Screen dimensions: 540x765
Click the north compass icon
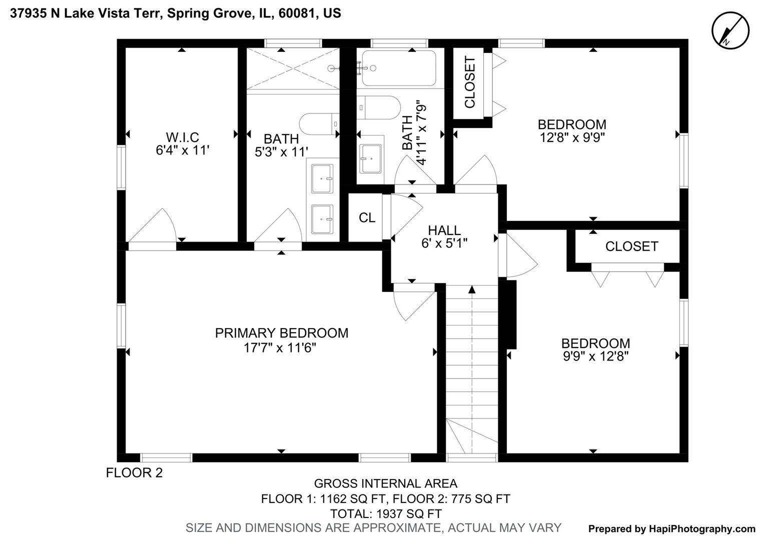730,30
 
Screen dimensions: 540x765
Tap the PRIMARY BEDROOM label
281,333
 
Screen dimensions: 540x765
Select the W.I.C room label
182,137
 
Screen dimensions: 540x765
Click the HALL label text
444,230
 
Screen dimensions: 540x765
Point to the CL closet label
367,217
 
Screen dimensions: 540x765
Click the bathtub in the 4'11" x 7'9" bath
399,68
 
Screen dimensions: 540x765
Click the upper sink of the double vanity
322,178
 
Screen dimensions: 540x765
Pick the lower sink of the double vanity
322,219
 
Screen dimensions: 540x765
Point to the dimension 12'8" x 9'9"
572,137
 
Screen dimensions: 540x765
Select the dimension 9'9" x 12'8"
595,356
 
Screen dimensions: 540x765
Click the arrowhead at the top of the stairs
472,289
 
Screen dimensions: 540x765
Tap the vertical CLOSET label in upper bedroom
470,82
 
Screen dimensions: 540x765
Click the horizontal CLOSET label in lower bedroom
631,246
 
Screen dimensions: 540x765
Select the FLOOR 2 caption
134,472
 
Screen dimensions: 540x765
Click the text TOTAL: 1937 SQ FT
385,513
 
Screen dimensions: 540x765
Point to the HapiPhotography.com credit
671,529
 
